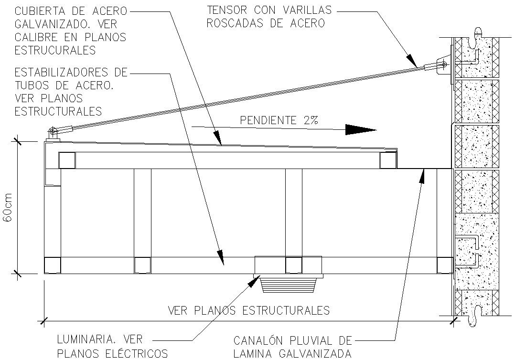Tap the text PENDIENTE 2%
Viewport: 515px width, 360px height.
279,120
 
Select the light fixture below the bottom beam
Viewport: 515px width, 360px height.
289,285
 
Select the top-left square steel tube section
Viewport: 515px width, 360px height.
67,160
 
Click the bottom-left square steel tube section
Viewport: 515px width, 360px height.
52,265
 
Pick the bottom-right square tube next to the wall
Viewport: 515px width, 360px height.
444,265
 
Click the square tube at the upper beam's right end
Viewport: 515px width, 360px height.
388,160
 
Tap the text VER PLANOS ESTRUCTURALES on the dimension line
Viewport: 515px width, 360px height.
248,310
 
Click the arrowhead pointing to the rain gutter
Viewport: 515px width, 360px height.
422,174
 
